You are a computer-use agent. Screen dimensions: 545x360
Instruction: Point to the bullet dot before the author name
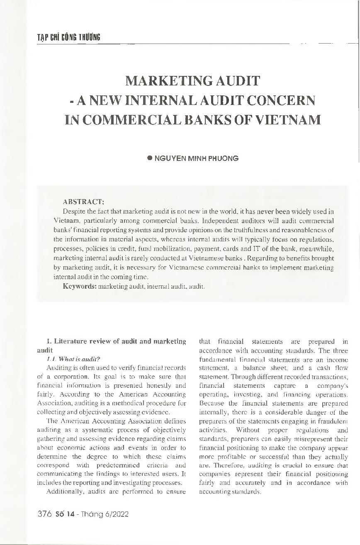pos(151,158)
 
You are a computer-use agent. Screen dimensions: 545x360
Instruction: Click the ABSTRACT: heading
pos(83,202)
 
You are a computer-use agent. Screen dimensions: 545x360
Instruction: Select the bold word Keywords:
pos(79,286)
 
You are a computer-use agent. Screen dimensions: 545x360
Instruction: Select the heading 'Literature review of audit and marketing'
pos(117,341)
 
